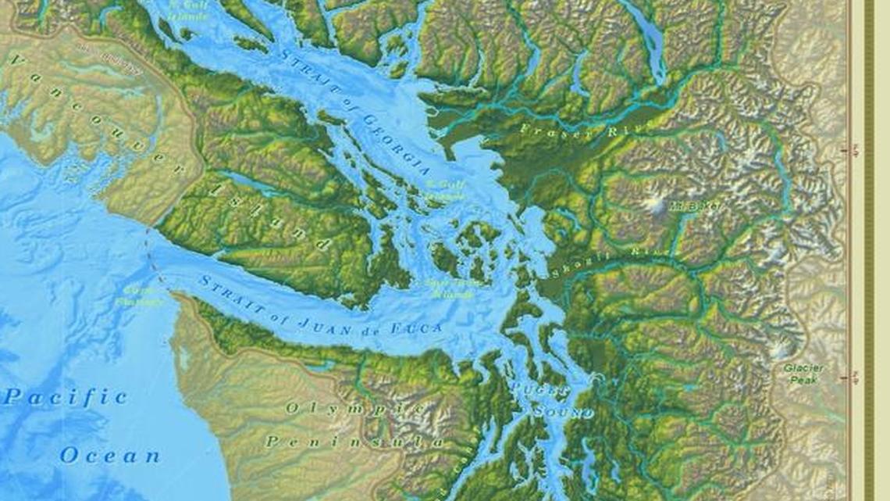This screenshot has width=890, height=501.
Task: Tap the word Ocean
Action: click(110, 455)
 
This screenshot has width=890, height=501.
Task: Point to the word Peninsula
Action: click(354, 442)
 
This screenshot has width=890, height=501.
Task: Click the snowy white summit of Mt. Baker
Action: click(654, 206)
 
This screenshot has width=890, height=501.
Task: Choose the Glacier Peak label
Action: click(803, 374)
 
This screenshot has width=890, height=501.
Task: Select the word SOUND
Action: click(564, 410)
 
